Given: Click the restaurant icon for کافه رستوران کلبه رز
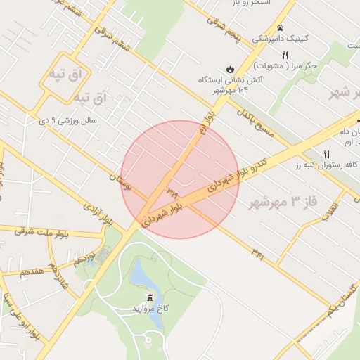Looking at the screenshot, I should click(326, 154).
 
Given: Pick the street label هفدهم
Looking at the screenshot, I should click(34, 271).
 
